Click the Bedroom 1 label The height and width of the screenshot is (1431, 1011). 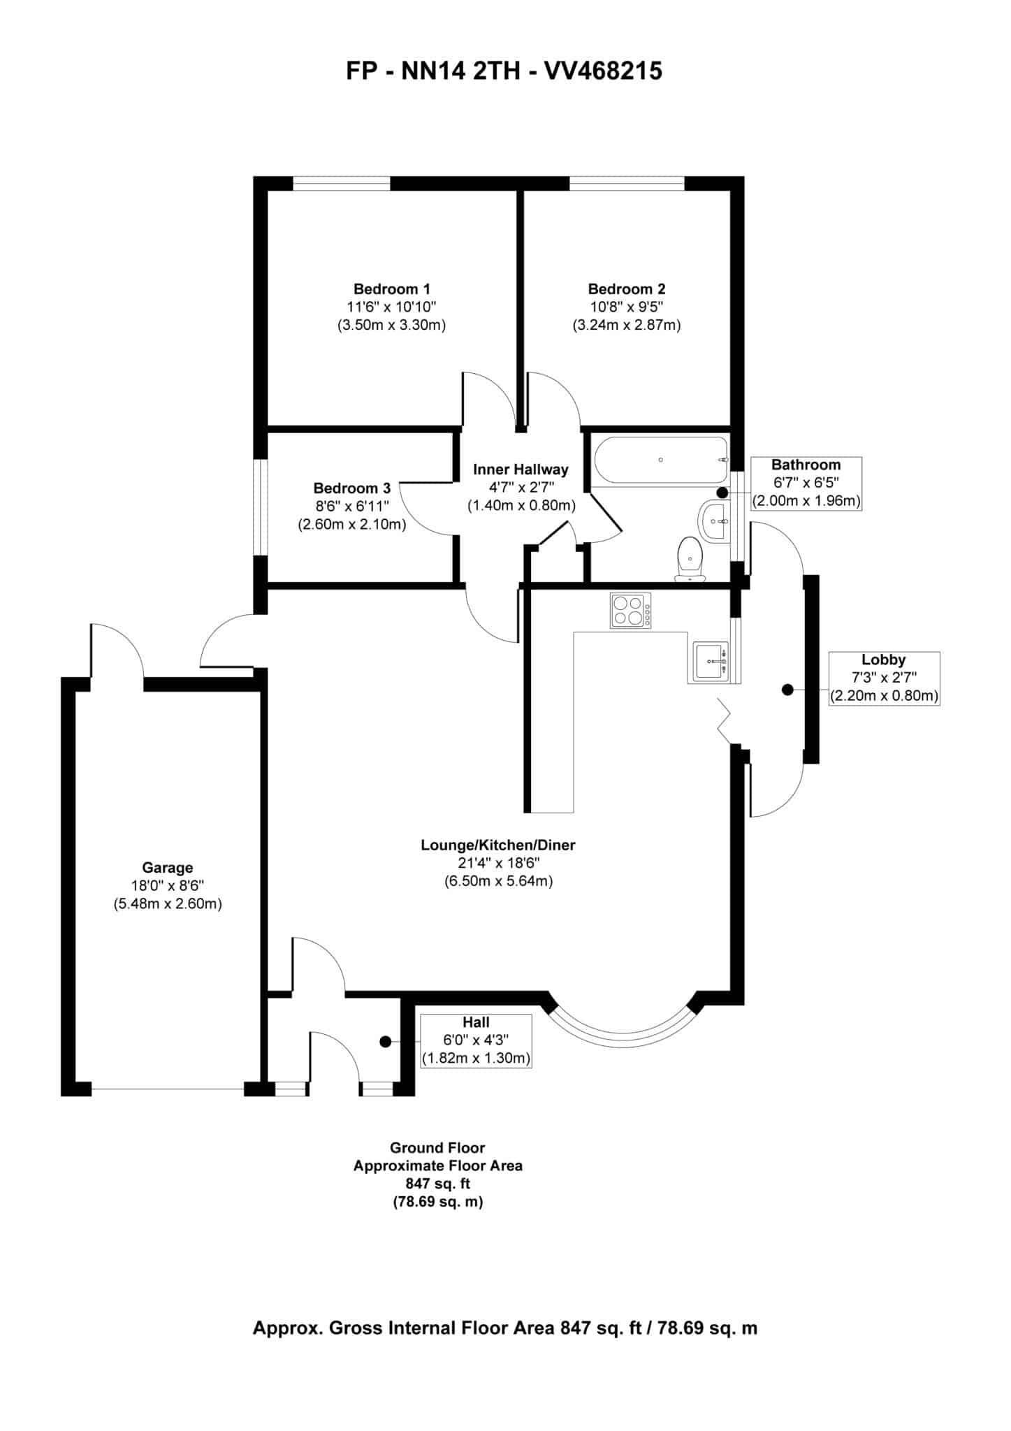point(391,289)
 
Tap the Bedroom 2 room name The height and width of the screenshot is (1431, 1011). point(626,289)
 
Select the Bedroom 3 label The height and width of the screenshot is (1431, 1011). point(351,488)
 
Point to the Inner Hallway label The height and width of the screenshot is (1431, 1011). point(521,470)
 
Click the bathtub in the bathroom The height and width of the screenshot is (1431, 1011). point(660,460)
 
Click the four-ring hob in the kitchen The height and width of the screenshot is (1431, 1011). point(630,610)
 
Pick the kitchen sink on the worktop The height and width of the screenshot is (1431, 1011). point(712,661)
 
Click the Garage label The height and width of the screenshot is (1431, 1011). point(167,868)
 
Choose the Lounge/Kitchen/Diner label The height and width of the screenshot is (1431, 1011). point(497,845)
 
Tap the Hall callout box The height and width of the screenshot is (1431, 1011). point(475,1040)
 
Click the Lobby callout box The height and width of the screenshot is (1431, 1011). point(883,678)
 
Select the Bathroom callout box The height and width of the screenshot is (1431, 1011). point(806,483)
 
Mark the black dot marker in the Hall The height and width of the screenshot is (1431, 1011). point(385,1041)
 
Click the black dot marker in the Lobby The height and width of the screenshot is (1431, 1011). point(787,690)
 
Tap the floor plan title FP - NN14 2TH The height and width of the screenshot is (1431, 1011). point(504,71)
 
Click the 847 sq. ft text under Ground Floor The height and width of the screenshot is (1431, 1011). point(437,1184)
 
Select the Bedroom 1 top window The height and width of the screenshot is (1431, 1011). point(341,184)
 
